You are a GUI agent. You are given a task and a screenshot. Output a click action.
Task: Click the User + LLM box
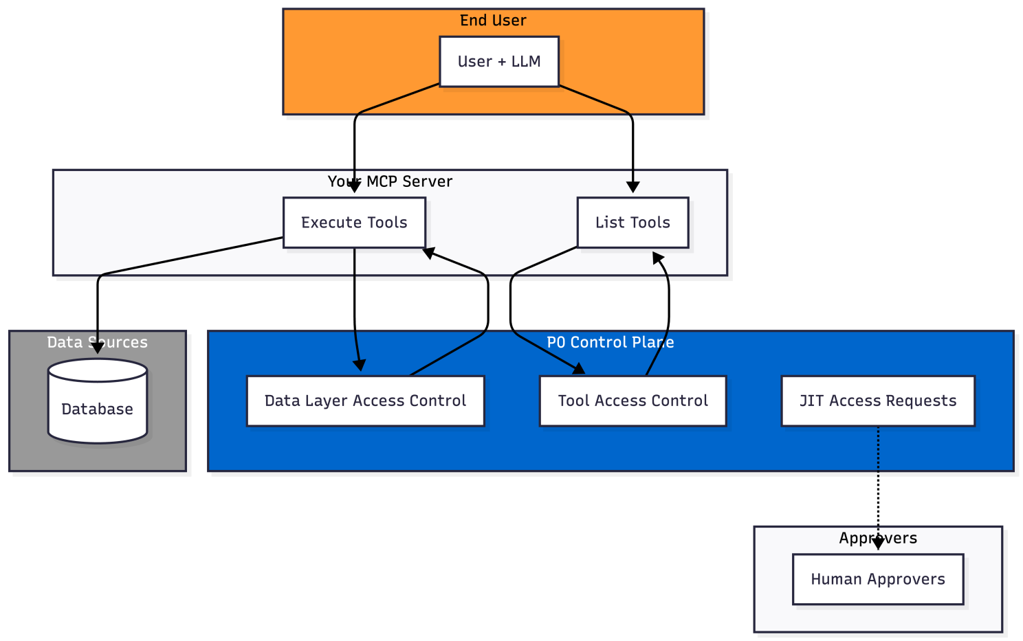click(x=499, y=62)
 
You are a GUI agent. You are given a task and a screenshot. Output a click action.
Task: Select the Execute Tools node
click(x=354, y=223)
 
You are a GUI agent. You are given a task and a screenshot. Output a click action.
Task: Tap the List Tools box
click(x=632, y=223)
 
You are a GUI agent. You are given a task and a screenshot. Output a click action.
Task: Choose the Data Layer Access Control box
click(x=365, y=401)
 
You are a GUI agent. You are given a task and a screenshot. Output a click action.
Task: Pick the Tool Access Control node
click(x=632, y=401)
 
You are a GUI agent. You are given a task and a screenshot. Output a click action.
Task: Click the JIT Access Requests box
click(x=878, y=401)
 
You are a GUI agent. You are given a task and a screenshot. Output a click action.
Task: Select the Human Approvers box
click(x=878, y=579)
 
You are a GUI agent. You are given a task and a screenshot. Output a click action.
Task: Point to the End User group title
click(x=493, y=21)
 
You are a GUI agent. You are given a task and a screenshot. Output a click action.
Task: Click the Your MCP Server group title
click(x=390, y=181)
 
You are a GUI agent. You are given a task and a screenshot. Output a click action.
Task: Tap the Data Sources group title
click(x=97, y=342)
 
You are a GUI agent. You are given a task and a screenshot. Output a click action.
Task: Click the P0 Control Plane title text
click(x=610, y=342)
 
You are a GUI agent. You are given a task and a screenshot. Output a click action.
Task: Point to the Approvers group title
click(x=878, y=538)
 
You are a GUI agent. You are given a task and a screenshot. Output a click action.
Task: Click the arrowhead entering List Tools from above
click(x=633, y=188)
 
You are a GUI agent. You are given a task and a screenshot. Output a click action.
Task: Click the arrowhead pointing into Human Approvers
click(x=878, y=544)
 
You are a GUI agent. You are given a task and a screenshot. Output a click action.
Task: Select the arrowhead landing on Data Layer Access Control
click(x=359, y=365)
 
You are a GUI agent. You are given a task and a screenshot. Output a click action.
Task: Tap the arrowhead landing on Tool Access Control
click(x=579, y=369)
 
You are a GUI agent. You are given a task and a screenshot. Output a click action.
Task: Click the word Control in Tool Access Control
click(x=680, y=401)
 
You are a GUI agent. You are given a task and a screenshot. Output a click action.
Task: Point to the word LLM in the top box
click(x=526, y=62)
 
